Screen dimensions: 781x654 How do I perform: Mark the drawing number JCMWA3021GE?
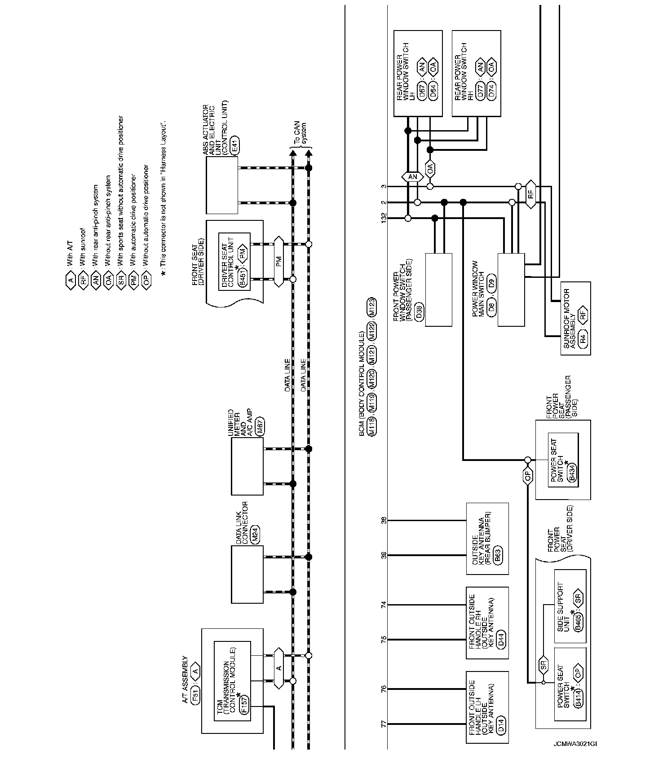(576, 756)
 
